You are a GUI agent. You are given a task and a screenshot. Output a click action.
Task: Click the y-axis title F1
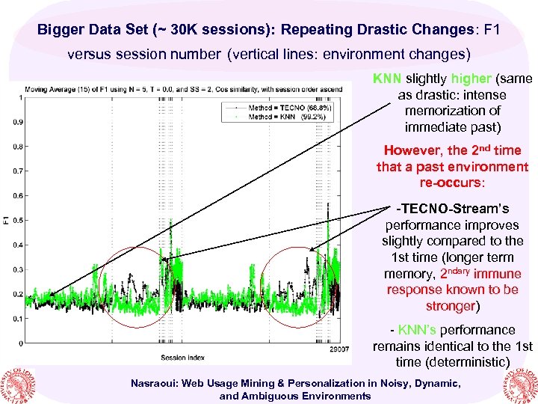pyautogui.click(x=6, y=220)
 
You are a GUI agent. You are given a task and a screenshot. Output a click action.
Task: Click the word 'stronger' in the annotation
pyautogui.click(x=451, y=306)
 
